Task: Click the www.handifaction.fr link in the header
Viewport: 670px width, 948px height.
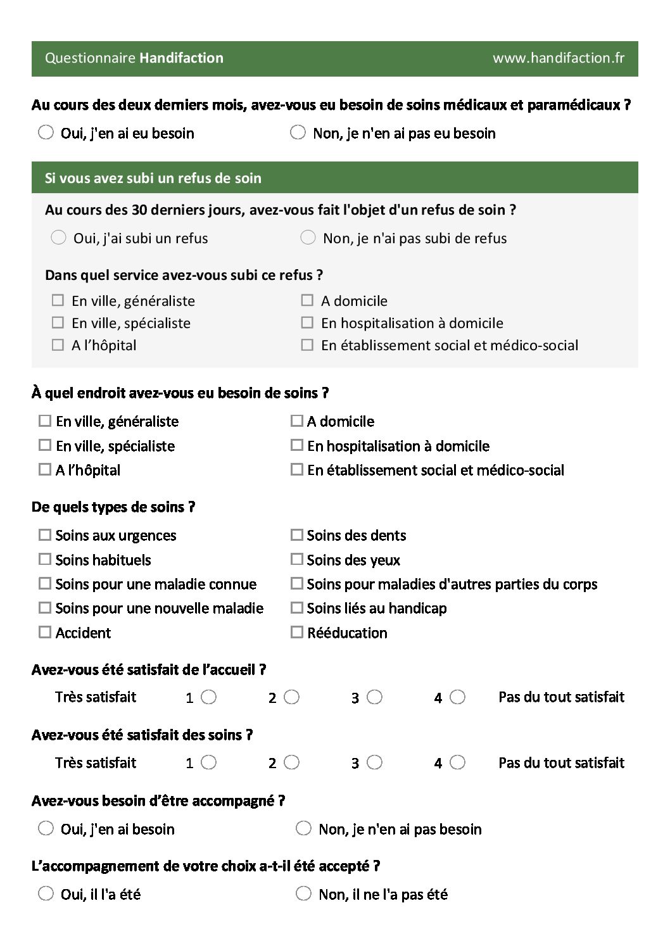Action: (x=558, y=58)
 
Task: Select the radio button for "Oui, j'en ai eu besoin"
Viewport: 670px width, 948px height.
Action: (x=46, y=132)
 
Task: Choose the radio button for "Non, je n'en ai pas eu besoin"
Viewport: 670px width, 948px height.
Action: (x=298, y=132)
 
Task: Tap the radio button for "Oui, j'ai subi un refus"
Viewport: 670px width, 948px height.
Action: (x=58, y=237)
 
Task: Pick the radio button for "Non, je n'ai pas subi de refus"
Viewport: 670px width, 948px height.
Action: (x=308, y=237)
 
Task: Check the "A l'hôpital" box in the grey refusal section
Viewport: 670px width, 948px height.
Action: (x=58, y=345)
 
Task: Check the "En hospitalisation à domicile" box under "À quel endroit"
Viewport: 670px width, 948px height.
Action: (x=296, y=445)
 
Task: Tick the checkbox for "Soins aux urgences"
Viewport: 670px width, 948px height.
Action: (x=44, y=535)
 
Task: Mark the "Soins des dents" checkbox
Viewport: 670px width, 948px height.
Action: (x=296, y=535)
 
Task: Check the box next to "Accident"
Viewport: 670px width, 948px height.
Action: (x=44, y=632)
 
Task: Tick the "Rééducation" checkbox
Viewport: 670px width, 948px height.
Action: (x=296, y=632)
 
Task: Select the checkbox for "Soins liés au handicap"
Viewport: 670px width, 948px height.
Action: (x=296, y=608)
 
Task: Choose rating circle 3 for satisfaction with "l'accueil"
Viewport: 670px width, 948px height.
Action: (x=374, y=697)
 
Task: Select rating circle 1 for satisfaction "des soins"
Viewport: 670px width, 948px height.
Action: (x=208, y=762)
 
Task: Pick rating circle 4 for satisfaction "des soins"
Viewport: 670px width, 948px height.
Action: (x=457, y=762)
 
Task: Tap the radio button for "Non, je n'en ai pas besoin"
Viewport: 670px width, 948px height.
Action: (x=303, y=828)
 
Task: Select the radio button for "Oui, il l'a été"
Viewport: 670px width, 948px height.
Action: (x=46, y=894)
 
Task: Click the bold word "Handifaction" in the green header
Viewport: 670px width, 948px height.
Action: (x=181, y=58)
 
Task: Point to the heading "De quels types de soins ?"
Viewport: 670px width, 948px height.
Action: (x=113, y=507)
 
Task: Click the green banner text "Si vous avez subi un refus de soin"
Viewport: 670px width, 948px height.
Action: (x=153, y=178)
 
